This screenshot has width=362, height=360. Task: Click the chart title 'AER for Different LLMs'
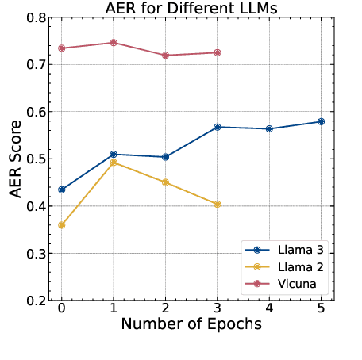(191, 9)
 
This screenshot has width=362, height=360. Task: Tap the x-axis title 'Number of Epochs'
(191, 324)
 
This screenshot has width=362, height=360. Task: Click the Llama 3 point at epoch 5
(321, 121)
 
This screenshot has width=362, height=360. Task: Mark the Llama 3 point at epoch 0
(62, 190)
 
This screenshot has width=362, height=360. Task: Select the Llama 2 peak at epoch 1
(114, 162)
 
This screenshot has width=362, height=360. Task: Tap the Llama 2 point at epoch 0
(62, 225)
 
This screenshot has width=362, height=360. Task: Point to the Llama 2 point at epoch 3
(218, 204)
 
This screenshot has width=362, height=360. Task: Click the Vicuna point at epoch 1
(114, 43)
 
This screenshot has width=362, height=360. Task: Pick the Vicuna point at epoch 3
(218, 52)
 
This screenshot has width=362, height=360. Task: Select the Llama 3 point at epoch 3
(218, 127)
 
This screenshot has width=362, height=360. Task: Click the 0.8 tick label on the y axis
(37, 17)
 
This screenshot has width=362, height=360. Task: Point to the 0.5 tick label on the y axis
(37, 159)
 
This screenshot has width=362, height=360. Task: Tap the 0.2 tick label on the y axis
(37, 301)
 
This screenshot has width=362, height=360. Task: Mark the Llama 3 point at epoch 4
(269, 128)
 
